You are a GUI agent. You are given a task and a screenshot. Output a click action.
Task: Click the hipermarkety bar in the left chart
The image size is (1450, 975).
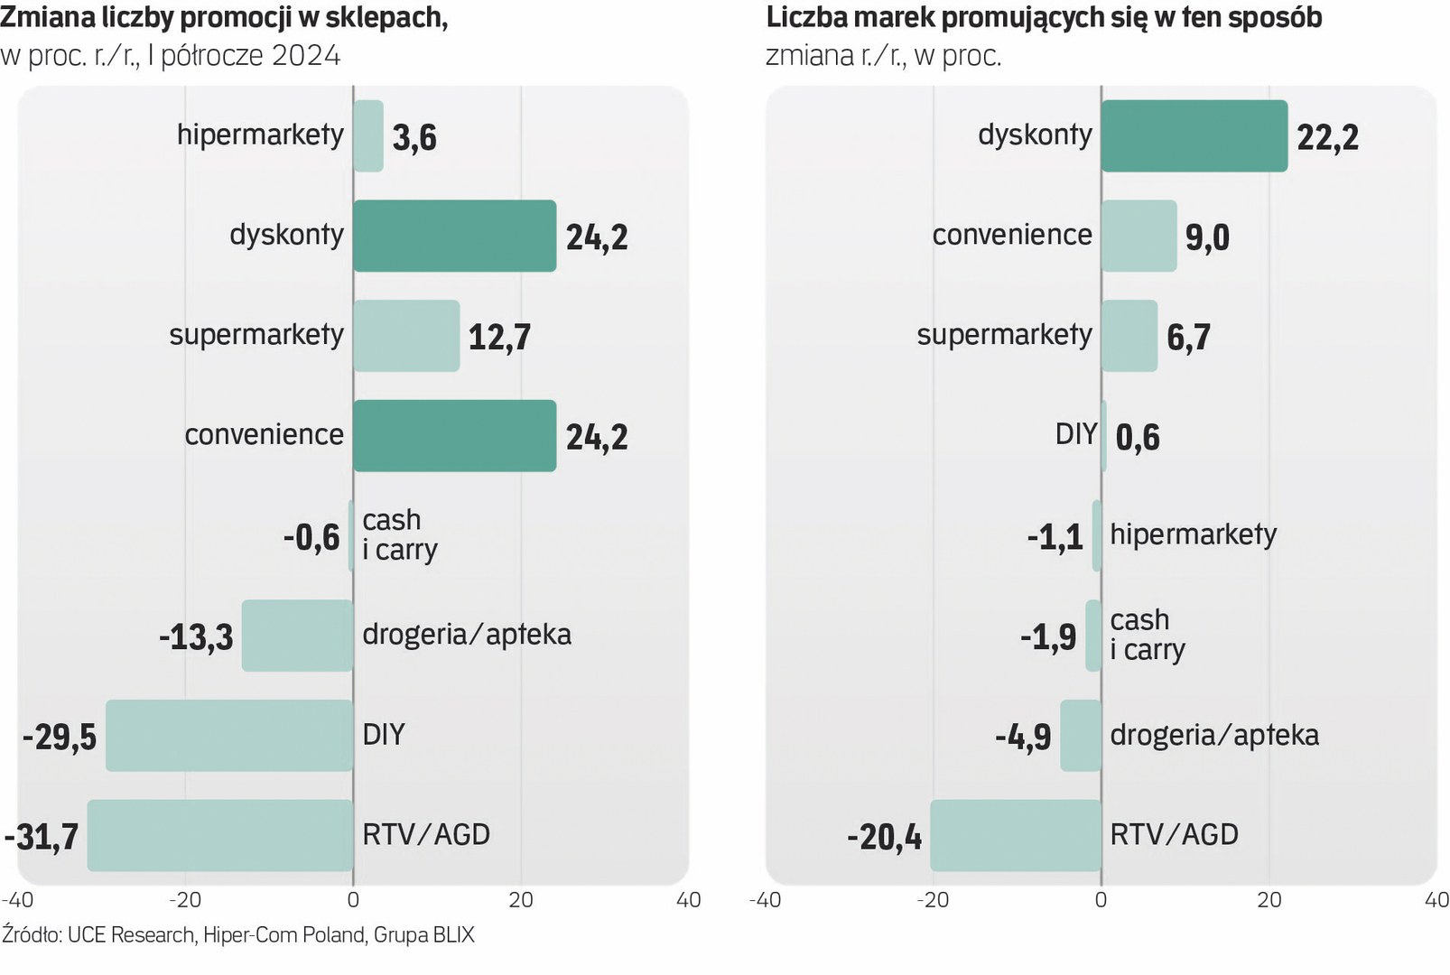coord(368,136)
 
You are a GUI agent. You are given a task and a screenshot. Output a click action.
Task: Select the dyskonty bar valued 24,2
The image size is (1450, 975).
coord(454,236)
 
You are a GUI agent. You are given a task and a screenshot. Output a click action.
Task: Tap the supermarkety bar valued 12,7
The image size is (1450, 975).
coord(406,336)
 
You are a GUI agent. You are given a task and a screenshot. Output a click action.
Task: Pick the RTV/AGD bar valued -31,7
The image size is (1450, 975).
coord(219,835)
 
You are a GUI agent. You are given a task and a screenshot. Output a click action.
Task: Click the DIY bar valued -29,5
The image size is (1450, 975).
coord(229,736)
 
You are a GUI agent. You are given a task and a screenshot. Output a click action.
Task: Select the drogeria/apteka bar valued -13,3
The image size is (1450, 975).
coord(297,636)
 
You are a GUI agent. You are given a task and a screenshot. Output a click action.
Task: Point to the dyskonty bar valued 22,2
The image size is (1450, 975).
coord(1194,136)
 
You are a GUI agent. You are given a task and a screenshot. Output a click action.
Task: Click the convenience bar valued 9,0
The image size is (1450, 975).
coord(1139,236)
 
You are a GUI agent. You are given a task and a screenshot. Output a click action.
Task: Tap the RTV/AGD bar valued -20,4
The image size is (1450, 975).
coord(1016,835)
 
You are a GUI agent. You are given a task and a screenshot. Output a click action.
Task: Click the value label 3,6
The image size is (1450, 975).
coord(414,138)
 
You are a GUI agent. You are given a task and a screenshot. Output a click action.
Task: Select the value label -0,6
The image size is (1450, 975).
coord(311,538)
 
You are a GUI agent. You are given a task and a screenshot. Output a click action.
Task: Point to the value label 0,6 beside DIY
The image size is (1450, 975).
coord(1138,438)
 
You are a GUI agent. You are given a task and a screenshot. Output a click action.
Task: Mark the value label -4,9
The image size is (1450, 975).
coord(1023,738)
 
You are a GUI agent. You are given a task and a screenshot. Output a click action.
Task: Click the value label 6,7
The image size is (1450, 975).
coord(1188,338)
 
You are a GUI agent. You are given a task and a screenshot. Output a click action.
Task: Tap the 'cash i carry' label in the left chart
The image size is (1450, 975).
coord(400,534)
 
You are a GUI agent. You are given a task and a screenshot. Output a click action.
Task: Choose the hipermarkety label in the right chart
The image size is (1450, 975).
coord(1193,534)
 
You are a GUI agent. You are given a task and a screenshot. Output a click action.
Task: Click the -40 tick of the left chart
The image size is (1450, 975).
coord(17,900)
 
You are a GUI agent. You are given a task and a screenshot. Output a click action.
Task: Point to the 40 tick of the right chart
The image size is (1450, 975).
coord(1436,900)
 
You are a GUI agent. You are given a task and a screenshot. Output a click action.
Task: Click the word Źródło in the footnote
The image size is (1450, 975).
coord(32,934)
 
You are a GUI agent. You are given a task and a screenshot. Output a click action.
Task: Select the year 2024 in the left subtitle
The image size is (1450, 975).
coord(306,56)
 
